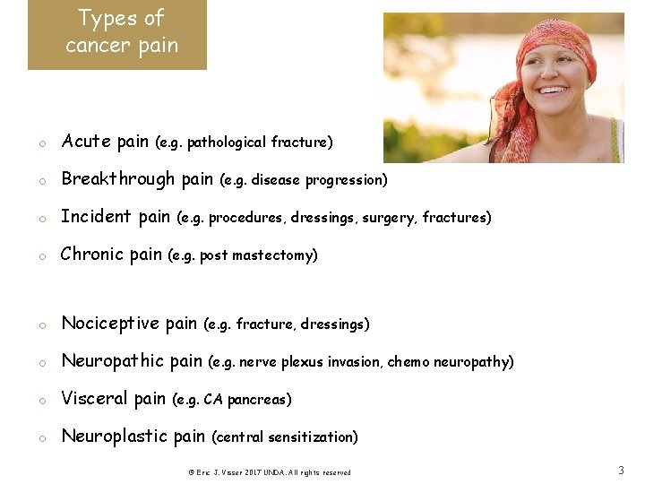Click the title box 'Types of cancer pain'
(117, 34)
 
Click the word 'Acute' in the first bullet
(86, 142)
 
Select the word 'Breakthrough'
(118, 179)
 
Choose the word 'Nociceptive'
(109, 324)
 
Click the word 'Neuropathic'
(112, 361)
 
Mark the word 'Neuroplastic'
(114, 436)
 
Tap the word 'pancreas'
(259, 400)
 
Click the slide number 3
(621, 470)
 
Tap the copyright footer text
(269, 472)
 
